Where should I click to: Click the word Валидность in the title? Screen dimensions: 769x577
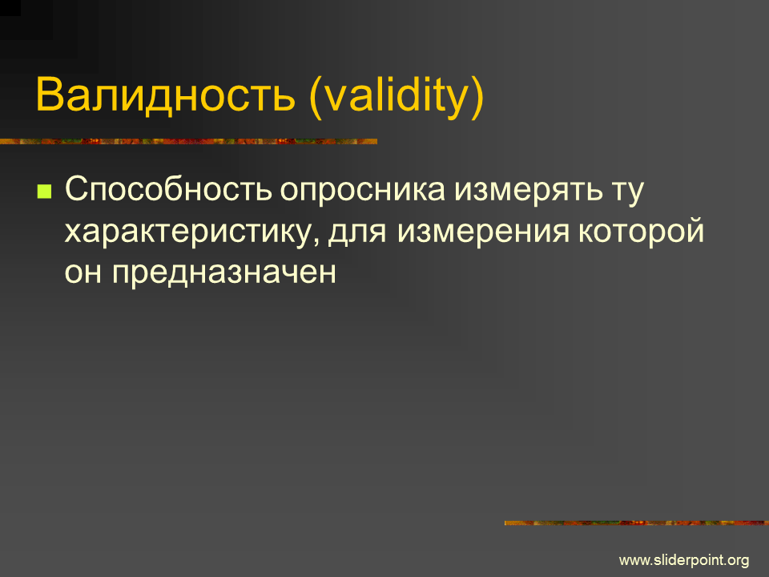point(166,94)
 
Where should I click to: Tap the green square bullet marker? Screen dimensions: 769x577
point(44,191)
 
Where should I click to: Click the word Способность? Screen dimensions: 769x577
point(168,189)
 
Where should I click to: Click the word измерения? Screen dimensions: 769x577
point(483,232)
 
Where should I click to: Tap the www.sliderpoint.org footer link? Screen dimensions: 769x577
point(684,560)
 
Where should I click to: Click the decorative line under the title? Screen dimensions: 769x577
point(189,141)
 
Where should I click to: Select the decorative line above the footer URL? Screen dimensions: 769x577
point(637,523)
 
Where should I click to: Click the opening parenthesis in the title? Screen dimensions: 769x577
point(316,97)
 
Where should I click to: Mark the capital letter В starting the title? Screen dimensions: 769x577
point(50,94)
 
